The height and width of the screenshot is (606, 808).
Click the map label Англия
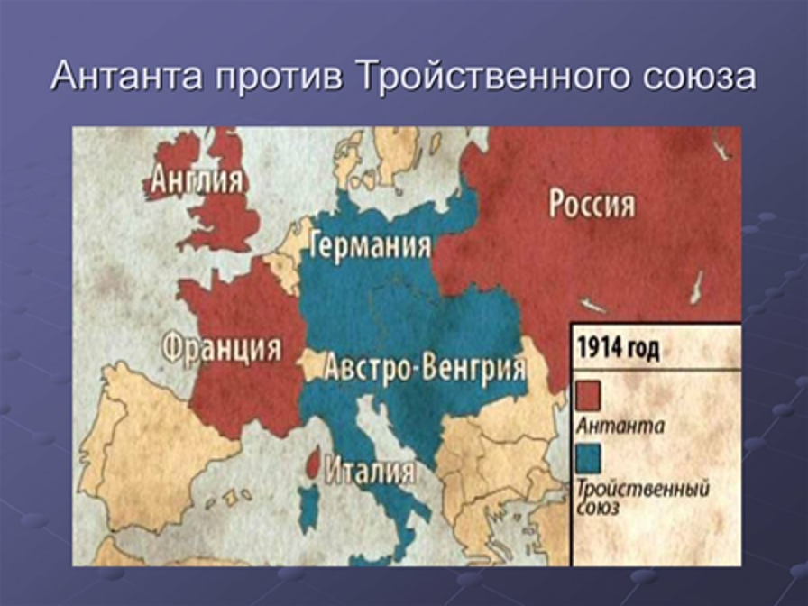click(197, 180)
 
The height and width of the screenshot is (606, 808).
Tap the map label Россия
click(592, 205)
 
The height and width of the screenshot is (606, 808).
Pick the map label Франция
click(222, 346)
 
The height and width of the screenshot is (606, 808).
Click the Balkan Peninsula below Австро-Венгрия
click(487, 469)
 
